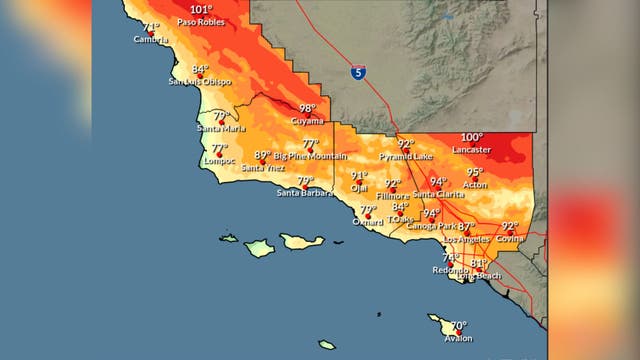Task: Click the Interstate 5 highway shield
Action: [357, 73]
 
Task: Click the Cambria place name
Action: [151, 40]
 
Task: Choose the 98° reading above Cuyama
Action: [308, 108]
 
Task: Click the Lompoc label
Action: [218, 159]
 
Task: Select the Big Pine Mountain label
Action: [311, 157]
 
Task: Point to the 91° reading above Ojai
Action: [359, 176]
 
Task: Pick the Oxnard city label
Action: [367, 221]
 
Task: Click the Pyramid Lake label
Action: [406, 157]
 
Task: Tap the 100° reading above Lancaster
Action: [472, 137]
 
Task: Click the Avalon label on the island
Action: [458, 338]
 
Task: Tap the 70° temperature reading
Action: [458, 326]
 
